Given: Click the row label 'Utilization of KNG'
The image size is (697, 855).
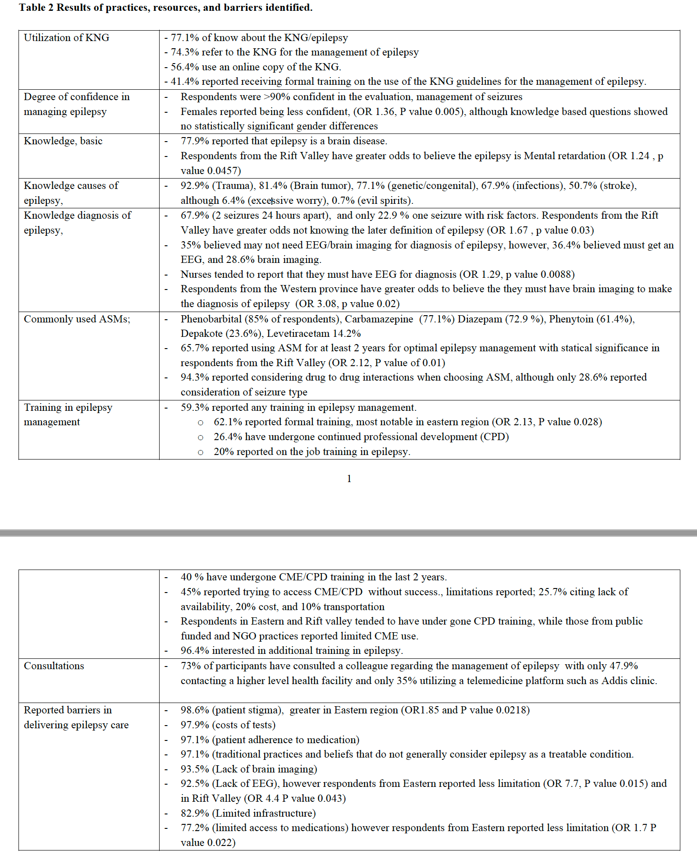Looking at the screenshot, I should pyautogui.click(x=66, y=38).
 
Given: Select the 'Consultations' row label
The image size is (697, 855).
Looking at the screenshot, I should pyautogui.click(x=54, y=666).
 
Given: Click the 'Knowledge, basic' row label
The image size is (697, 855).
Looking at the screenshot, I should pyautogui.click(x=63, y=141).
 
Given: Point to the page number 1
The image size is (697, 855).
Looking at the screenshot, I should pyautogui.click(x=349, y=479).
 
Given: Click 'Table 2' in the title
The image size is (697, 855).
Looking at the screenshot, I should pyautogui.click(x=36, y=8).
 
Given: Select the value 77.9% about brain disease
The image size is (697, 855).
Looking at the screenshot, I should pyautogui.click(x=195, y=141).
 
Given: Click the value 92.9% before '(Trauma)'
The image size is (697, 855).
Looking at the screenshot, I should pyautogui.click(x=195, y=186).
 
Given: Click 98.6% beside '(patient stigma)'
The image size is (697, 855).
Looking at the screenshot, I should pyautogui.click(x=195, y=710).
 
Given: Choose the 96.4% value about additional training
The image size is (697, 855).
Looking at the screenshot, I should pyautogui.click(x=195, y=651).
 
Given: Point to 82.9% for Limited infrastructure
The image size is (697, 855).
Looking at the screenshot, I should pyautogui.click(x=195, y=814).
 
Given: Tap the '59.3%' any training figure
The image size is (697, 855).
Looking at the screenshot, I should pyautogui.click(x=195, y=408).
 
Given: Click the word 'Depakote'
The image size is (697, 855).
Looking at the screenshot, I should pyautogui.click(x=200, y=334).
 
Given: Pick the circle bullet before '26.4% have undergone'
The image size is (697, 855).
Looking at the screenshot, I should pyautogui.click(x=201, y=437).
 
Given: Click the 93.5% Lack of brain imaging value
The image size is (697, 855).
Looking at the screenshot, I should pyautogui.click(x=195, y=769).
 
